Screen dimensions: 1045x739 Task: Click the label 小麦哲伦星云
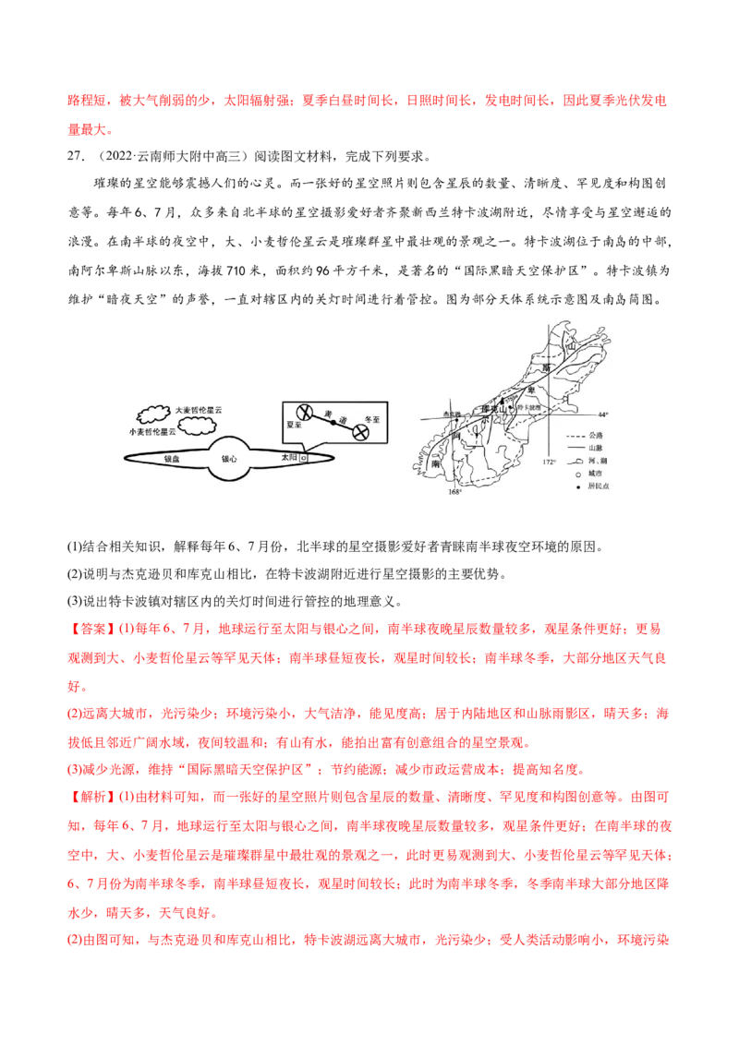point(152,431)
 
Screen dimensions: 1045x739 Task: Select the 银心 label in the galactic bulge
point(228,458)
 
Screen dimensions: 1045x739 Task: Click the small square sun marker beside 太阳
point(303,458)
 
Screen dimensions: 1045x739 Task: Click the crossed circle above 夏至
point(302,413)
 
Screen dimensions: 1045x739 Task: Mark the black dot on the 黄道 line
point(333,424)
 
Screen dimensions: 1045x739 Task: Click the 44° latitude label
point(605,414)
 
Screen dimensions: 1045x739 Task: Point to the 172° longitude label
point(549,462)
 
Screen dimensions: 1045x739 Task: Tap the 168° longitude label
point(454,492)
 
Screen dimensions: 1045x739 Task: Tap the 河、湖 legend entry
point(599,460)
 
